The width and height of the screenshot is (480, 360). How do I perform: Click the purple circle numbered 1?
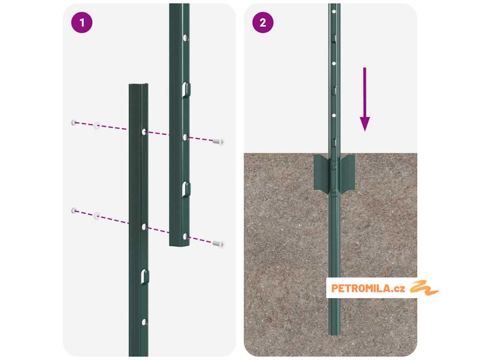[82, 22]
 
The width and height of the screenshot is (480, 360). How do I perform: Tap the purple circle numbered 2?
[263, 22]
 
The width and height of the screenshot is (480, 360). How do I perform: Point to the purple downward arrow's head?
[365, 124]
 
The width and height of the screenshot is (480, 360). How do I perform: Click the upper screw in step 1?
[218, 142]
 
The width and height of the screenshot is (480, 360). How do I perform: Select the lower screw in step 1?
[218, 244]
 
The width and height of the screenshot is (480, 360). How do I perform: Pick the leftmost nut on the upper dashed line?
[74, 122]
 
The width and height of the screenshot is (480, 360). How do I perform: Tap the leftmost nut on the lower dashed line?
[74, 210]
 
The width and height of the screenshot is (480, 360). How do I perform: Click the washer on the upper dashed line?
[97, 126]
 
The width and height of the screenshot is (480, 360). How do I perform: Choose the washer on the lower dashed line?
[97, 216]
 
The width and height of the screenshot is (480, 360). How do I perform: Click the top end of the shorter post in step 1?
[139, 85]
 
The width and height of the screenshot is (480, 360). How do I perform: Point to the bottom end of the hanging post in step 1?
[180, 245]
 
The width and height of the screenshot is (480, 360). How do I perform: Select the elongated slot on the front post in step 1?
[145, 277]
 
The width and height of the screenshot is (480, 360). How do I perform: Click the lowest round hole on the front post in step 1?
[144, 322]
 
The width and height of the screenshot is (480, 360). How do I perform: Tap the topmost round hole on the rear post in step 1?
[185, 37]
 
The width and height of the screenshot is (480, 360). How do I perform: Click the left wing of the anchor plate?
[321, 172]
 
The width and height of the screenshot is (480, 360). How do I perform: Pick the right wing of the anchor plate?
[347, 172]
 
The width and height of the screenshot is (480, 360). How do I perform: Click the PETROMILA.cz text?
[368, 288]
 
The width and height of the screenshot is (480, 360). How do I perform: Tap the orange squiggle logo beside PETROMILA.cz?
[424, 288]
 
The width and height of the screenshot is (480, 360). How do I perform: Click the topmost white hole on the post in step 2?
[334, 12]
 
